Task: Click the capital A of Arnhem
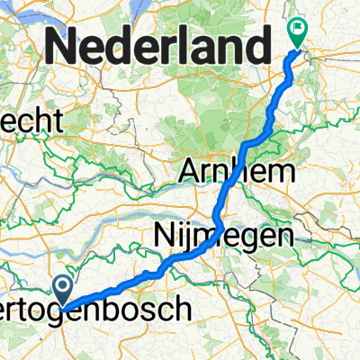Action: click(x=193, y=170)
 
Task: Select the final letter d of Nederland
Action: click(x=256, y=41)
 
